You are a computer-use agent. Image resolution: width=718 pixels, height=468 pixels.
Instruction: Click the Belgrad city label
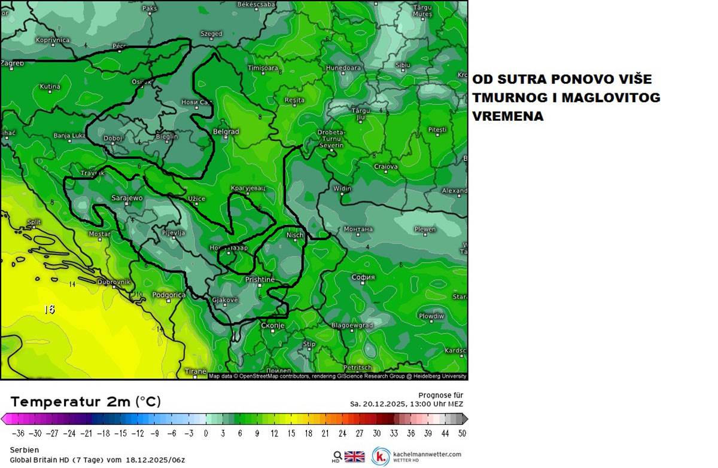pos(226,131)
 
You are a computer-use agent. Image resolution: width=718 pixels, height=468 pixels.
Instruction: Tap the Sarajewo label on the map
pos(127,198)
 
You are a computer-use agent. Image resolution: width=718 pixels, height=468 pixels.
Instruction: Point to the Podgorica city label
pos(169,295)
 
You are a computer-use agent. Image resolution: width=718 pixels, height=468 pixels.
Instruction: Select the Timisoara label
pos(263,68)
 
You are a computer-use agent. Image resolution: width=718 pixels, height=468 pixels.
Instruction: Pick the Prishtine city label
pos(260,280)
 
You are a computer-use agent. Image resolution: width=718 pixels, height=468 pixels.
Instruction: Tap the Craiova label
pos(386,167)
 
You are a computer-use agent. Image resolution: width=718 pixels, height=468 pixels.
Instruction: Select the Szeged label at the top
pos(211,34)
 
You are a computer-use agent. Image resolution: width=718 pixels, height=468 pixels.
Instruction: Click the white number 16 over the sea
pos(49,310)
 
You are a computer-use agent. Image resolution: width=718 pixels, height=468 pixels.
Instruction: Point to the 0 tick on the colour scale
pos(206,433)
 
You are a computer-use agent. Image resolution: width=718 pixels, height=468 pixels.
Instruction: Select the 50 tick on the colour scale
pos(462,433)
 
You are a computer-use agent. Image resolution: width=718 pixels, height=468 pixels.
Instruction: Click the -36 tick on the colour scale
pos(18,433)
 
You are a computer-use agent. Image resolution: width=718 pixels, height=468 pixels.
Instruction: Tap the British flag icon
pos(354,457)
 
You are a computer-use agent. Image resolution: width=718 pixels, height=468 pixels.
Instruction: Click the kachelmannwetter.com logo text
pos(427,454)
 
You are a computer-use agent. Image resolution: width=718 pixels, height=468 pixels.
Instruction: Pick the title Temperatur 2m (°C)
pos(86,402)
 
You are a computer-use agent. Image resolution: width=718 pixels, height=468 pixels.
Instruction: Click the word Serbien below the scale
pos(25,449)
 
